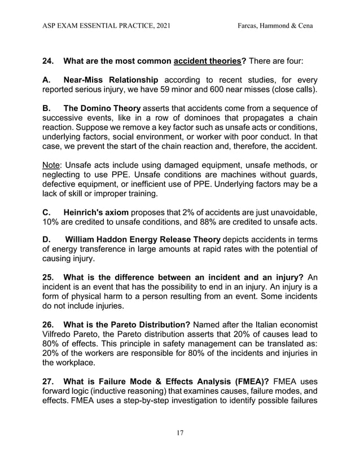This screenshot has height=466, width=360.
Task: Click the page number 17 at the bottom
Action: (179, 433)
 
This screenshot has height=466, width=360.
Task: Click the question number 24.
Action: (50, 60)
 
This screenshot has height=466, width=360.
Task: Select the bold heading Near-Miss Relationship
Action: (112, 80)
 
